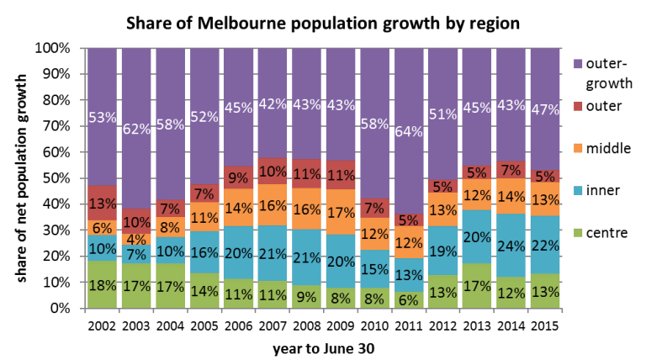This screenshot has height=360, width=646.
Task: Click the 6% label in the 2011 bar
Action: [x=409, y=298]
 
